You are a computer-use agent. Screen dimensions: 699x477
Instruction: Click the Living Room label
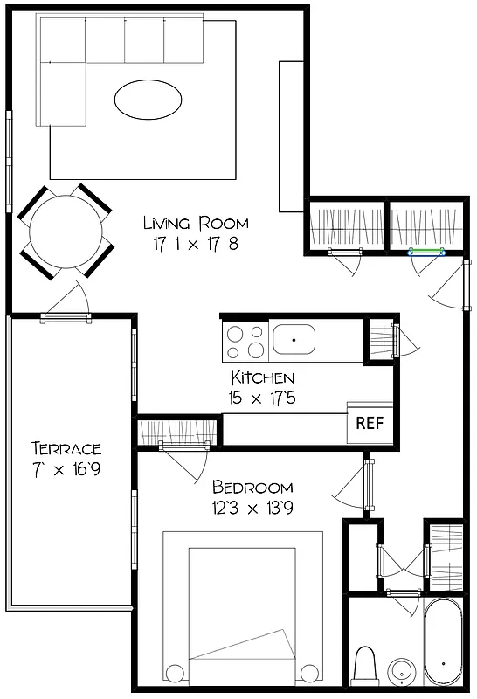pos(196,223)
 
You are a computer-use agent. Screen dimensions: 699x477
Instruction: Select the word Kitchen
pos(262,377)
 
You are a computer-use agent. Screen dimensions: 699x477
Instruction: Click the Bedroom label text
pos(252,487)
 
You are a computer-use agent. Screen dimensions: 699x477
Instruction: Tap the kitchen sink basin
pos(294,338)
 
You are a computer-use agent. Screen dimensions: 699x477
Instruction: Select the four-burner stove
pos(245,342)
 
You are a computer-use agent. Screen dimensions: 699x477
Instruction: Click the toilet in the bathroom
pos(365,666)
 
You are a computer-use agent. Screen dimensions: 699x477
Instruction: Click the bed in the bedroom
pos(242,612)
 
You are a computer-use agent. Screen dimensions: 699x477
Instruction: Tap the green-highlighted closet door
pos(428,253)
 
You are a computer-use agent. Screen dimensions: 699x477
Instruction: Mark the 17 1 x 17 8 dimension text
pos(196,244)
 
